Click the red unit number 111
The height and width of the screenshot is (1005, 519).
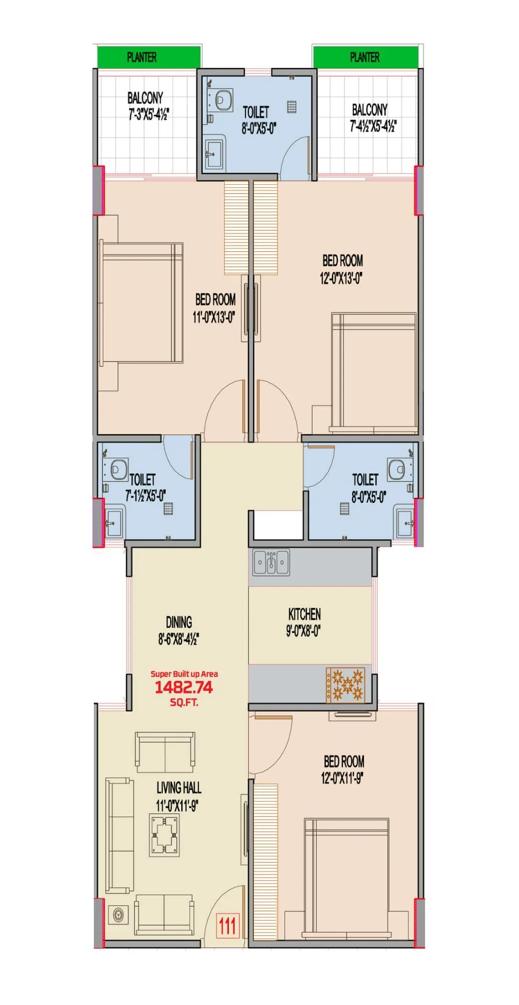227,926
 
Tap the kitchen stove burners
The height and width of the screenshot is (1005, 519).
345,684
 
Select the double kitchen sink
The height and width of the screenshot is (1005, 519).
271,562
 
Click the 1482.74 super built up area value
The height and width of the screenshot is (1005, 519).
184,687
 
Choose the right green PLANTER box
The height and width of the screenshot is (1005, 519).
365,57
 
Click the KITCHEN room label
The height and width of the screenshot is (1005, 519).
304,614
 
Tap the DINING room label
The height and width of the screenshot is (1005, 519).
179,622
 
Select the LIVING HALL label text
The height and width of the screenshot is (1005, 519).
179,787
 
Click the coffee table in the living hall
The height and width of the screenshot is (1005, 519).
164,836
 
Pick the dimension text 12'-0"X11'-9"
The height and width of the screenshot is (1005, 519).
342,778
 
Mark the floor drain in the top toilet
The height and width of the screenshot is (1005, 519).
292,106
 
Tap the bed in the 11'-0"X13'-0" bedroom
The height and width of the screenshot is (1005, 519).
141,303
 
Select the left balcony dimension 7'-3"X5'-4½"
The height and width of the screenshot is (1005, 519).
149,115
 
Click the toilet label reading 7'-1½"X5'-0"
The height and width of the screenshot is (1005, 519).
146,496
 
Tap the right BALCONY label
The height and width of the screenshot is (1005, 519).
370,110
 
